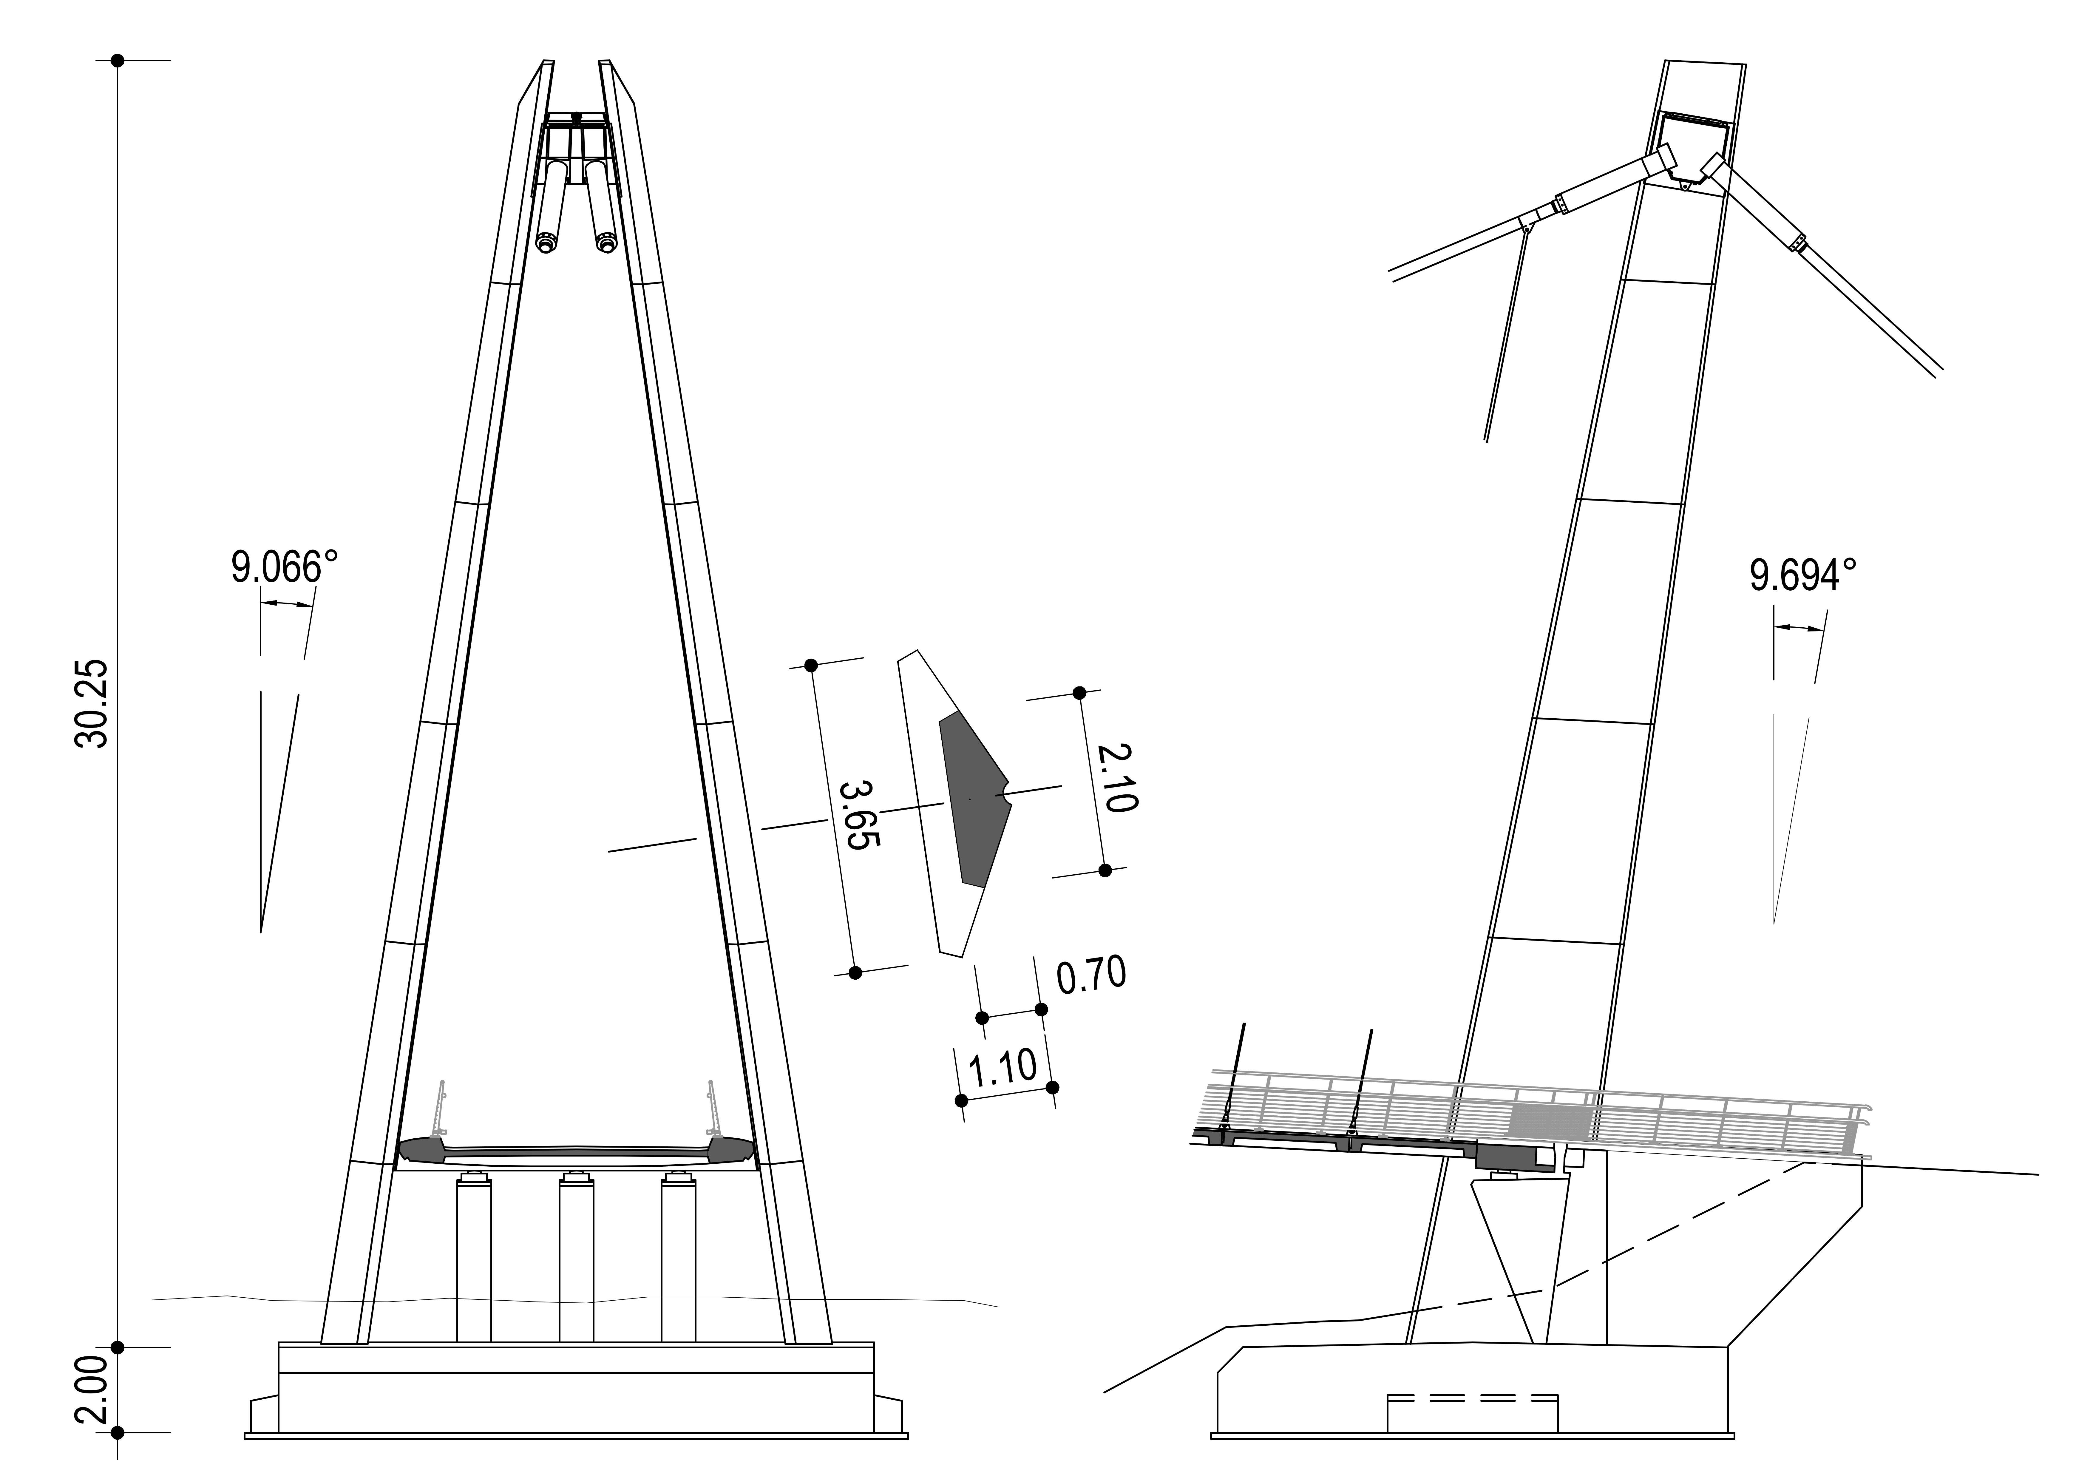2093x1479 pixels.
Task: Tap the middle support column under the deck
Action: pyautogui.click(x=576, y=1258)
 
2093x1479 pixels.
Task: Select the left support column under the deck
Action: pyautogui.click(x=474, y=1258)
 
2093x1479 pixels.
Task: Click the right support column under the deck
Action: pyautogui.click(x=678, y=1258)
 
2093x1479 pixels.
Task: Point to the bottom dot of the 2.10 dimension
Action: pyautogui.click(x=1105, y=870)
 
